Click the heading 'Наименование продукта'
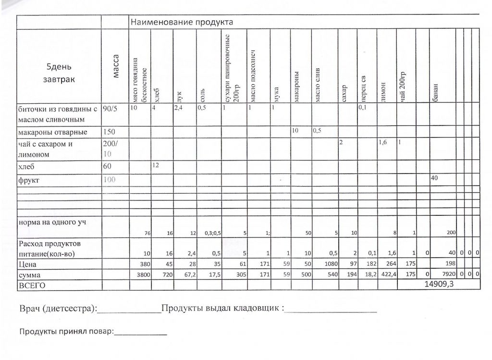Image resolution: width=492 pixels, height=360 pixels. coord(182,22)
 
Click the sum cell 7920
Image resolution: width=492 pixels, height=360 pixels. coord(447,275)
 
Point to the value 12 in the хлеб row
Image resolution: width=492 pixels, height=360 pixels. coord(156,165)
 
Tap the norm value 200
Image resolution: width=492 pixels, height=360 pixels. coord(451,233)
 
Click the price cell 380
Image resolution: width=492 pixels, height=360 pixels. coord(144,264)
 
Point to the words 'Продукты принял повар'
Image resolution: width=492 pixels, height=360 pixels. coord(65,331)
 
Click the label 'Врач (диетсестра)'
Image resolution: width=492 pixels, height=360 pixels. coord(58,308)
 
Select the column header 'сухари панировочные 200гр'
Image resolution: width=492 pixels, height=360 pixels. coord(232,67)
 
